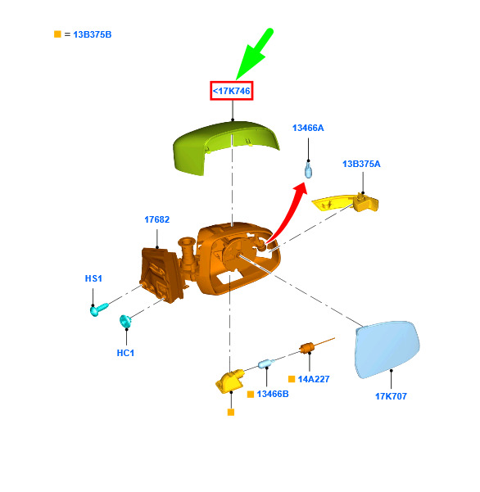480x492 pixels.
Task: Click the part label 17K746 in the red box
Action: (x=232, y=91)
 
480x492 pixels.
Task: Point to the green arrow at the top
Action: (x=254, y=54)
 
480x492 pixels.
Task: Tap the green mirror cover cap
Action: (x=224, y=146)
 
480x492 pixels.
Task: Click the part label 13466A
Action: (x=308, y=128)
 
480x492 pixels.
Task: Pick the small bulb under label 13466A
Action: (x=309, y=169)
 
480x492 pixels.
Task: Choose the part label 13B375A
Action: (x=361, y=164)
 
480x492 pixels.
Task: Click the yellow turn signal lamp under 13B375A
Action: (x=346, y=202)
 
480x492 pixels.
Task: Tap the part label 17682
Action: (x=157, y=219)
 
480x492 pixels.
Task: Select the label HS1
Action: (x=93, y=278)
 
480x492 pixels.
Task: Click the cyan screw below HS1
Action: (x=98, y=309)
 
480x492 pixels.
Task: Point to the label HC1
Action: (x=125, y=353)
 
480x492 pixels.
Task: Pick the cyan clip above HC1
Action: (x=125, y=321)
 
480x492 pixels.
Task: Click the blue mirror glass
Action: (x=387, y=349)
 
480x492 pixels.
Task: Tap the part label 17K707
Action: (x=392, y=396)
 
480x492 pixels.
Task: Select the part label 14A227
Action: (x=314, y=379)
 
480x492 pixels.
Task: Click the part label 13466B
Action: (x=273, y=394)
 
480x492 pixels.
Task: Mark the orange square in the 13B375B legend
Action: (x=57, y=34)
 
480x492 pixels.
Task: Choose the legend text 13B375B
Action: (x=93, y=34)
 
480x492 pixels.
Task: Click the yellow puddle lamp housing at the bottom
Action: (x=230, y=381)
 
